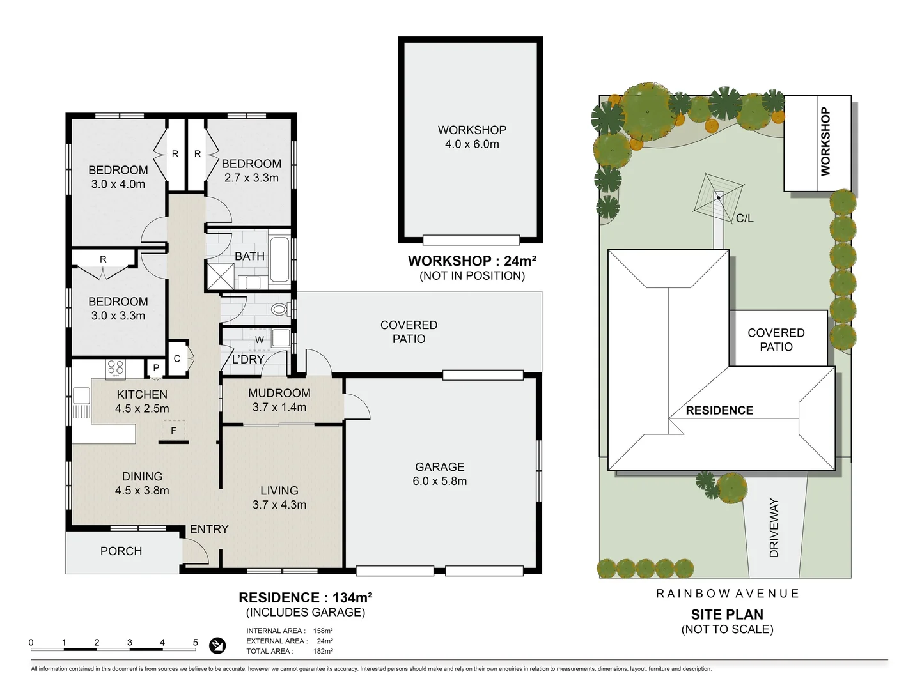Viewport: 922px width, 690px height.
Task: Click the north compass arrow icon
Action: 217,646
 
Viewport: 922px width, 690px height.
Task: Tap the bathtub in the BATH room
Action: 279,259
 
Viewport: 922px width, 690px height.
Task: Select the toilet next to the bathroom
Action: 279,310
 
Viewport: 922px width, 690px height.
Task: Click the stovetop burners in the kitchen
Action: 116,368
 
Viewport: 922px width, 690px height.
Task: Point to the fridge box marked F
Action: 173,431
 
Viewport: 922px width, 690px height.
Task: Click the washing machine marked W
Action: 259,339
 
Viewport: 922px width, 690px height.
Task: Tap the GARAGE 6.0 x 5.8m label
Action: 439,474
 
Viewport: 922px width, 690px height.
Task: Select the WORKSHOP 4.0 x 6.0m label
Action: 472,137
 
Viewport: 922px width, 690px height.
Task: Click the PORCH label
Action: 121,551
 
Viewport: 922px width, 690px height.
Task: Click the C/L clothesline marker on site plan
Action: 744,218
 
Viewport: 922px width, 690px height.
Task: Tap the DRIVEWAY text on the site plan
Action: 774,528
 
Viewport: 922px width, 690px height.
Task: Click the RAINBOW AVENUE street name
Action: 727,594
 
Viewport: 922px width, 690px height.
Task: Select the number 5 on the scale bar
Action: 196,642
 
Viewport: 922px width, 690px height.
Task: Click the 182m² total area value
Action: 323,651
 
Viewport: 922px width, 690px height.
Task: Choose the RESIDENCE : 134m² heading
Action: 305,597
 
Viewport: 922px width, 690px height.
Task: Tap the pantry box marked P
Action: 155,368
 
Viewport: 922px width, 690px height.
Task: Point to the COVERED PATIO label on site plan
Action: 776,340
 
